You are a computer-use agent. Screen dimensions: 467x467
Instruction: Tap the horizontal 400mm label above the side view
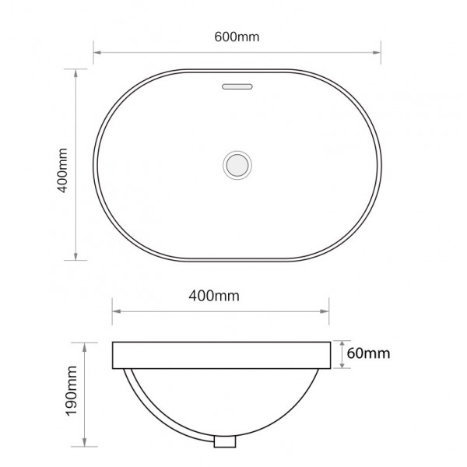(x=213, y=295)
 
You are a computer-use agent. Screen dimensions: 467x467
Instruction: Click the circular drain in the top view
(x=237, y=165)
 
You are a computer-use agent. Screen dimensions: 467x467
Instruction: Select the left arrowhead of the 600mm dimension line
(x=97, y=53)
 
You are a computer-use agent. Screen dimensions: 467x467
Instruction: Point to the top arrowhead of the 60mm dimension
(x=343, y=344)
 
